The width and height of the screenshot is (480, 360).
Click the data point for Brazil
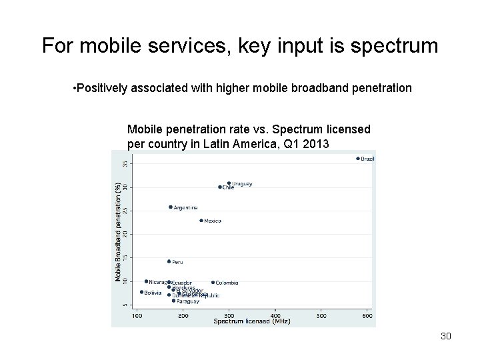click(x=358, y=159)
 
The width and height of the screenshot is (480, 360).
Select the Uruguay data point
click(x=229, y=183)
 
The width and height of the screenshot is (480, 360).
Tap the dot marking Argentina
click(x=171, y=207)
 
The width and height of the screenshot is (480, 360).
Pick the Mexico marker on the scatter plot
click(x=201, y=221)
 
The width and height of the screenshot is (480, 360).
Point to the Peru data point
click(x=169, y=261)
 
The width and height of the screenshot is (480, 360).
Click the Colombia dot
click(x=213, y=282)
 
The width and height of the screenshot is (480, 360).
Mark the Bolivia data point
click(x=141, y=292)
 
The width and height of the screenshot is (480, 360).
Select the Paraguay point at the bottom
click(x=173, y=301)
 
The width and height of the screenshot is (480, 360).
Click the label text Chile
click(x=228, y=188)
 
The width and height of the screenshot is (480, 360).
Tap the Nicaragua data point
click(x=146, y=281)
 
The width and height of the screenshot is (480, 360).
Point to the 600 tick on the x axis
click(x=367, y=316)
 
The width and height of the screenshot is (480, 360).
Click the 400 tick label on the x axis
click(x=275, y=316)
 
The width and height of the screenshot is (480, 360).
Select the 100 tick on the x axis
click(x=137, y=316)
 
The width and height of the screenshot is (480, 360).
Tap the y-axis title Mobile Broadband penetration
click(x=118, y=231)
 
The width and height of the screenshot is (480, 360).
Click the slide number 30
click(x=446, y=336)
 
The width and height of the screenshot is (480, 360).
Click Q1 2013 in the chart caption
click(x=307, y=143)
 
